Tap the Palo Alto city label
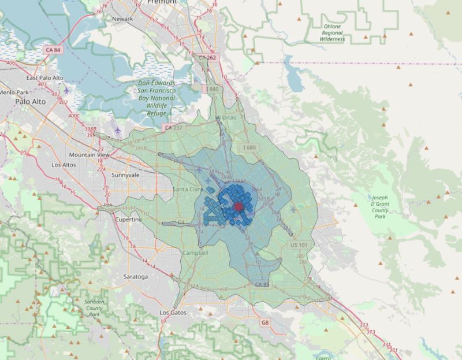coord(30,102)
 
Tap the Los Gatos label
coord(173,312)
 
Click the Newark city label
coord(122,18)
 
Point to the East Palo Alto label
coord(44,77)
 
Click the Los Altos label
coord(64,165)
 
